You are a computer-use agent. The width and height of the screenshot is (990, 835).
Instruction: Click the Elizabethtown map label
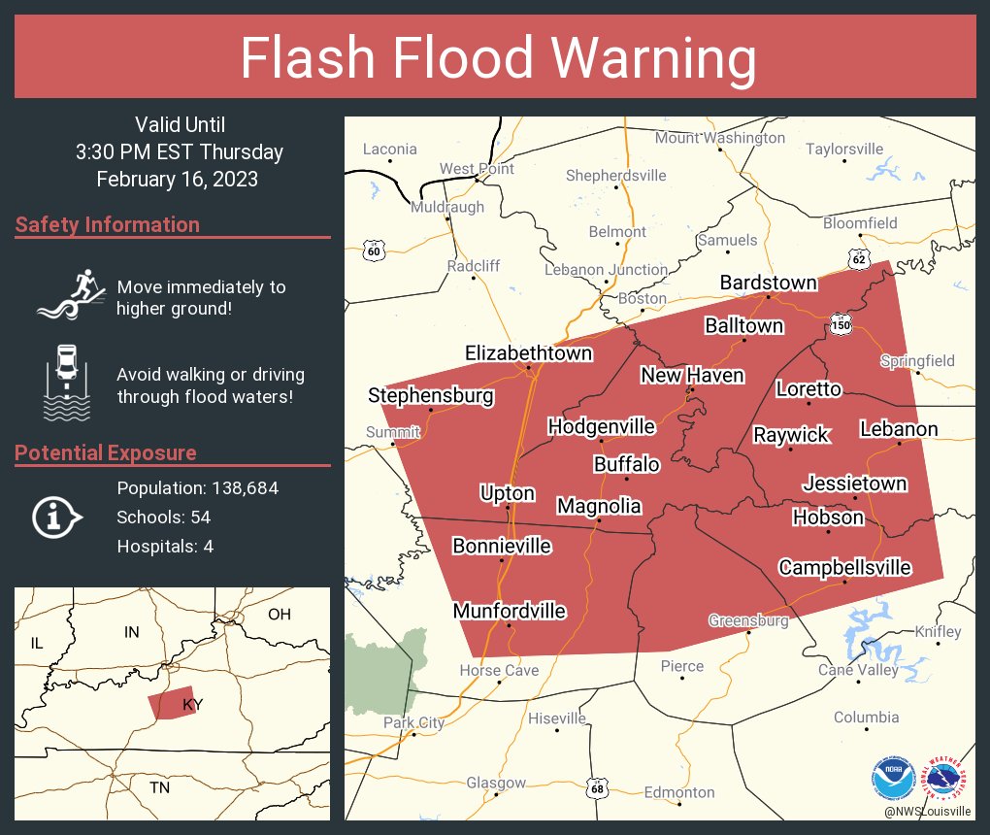[x=528, y=353]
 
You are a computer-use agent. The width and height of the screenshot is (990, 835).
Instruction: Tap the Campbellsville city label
[x=844, y=567]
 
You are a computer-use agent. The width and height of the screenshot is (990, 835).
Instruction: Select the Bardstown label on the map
[x=768, y=283]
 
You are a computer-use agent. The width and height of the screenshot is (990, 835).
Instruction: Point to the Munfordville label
[x=509, y=611]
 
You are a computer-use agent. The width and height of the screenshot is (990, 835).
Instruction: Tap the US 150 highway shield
[x=841, y=325]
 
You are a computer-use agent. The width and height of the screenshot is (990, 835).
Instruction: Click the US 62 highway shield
[x=856, y=259]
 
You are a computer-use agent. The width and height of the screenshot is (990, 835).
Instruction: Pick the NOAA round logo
[x=893, y=779]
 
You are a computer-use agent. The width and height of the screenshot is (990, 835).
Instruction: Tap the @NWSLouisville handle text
[x=926, y=811]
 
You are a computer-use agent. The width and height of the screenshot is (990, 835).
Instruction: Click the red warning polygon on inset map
[x=174, y=705]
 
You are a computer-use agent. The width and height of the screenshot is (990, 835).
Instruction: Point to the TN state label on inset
[x=159, y=787]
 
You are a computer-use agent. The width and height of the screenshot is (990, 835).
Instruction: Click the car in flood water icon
[x=65, y=382]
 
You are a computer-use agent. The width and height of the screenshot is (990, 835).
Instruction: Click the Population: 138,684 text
[x=197, y=487]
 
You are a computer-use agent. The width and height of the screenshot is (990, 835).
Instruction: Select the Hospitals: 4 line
[x=165, y=546]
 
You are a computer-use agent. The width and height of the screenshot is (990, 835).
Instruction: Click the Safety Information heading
[x=108, y=225]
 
